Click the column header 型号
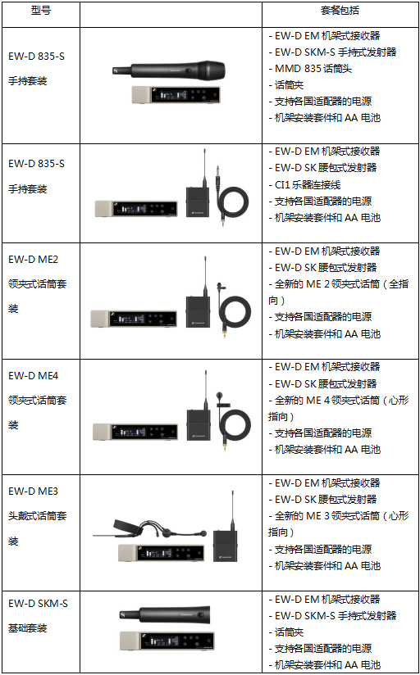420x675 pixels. click(x=41, y=11)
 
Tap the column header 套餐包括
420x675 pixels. click(x=340, y=11)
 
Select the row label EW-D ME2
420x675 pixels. click(x=33, y=260)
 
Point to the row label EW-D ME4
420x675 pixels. click(x=33, y=376)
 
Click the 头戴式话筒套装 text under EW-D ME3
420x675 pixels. click(x=38, y=528)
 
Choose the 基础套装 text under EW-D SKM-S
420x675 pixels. click(x=28, y=628)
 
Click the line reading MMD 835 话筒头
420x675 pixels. click(x=313, y=69)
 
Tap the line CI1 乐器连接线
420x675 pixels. click(x=308, y=184)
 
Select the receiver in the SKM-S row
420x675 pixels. click(x=167, y=641)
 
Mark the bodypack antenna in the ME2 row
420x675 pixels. click(x=205, y=276)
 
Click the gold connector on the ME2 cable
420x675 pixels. click(x=225, y=333)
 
